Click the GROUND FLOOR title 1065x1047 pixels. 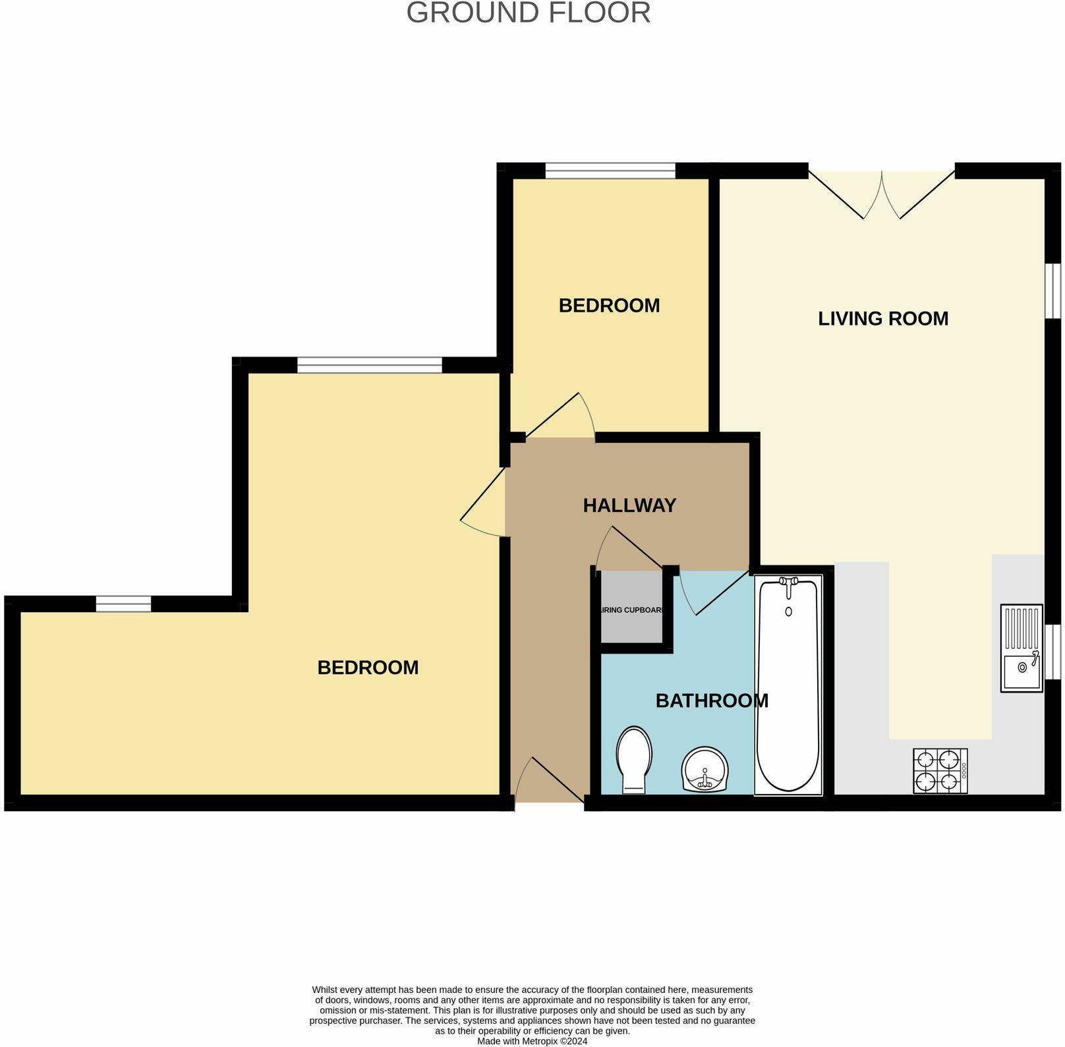528,13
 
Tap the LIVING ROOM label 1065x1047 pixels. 882,319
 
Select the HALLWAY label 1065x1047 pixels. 629,505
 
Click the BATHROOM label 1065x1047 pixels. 711,700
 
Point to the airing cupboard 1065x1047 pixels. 631,610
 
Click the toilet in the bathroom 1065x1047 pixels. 634,759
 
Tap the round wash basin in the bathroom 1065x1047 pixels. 705,770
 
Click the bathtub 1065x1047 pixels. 788,685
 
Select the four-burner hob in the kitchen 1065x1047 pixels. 939,771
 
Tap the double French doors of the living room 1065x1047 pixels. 882,194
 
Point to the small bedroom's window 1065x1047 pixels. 610,171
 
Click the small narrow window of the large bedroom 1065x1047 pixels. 123,604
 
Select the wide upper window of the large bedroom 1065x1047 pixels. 369,365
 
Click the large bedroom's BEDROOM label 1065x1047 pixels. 368,667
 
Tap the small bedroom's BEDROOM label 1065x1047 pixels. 609,306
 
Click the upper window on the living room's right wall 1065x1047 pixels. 1054,292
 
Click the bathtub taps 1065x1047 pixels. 788,582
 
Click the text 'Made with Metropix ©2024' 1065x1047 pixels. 532,1041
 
